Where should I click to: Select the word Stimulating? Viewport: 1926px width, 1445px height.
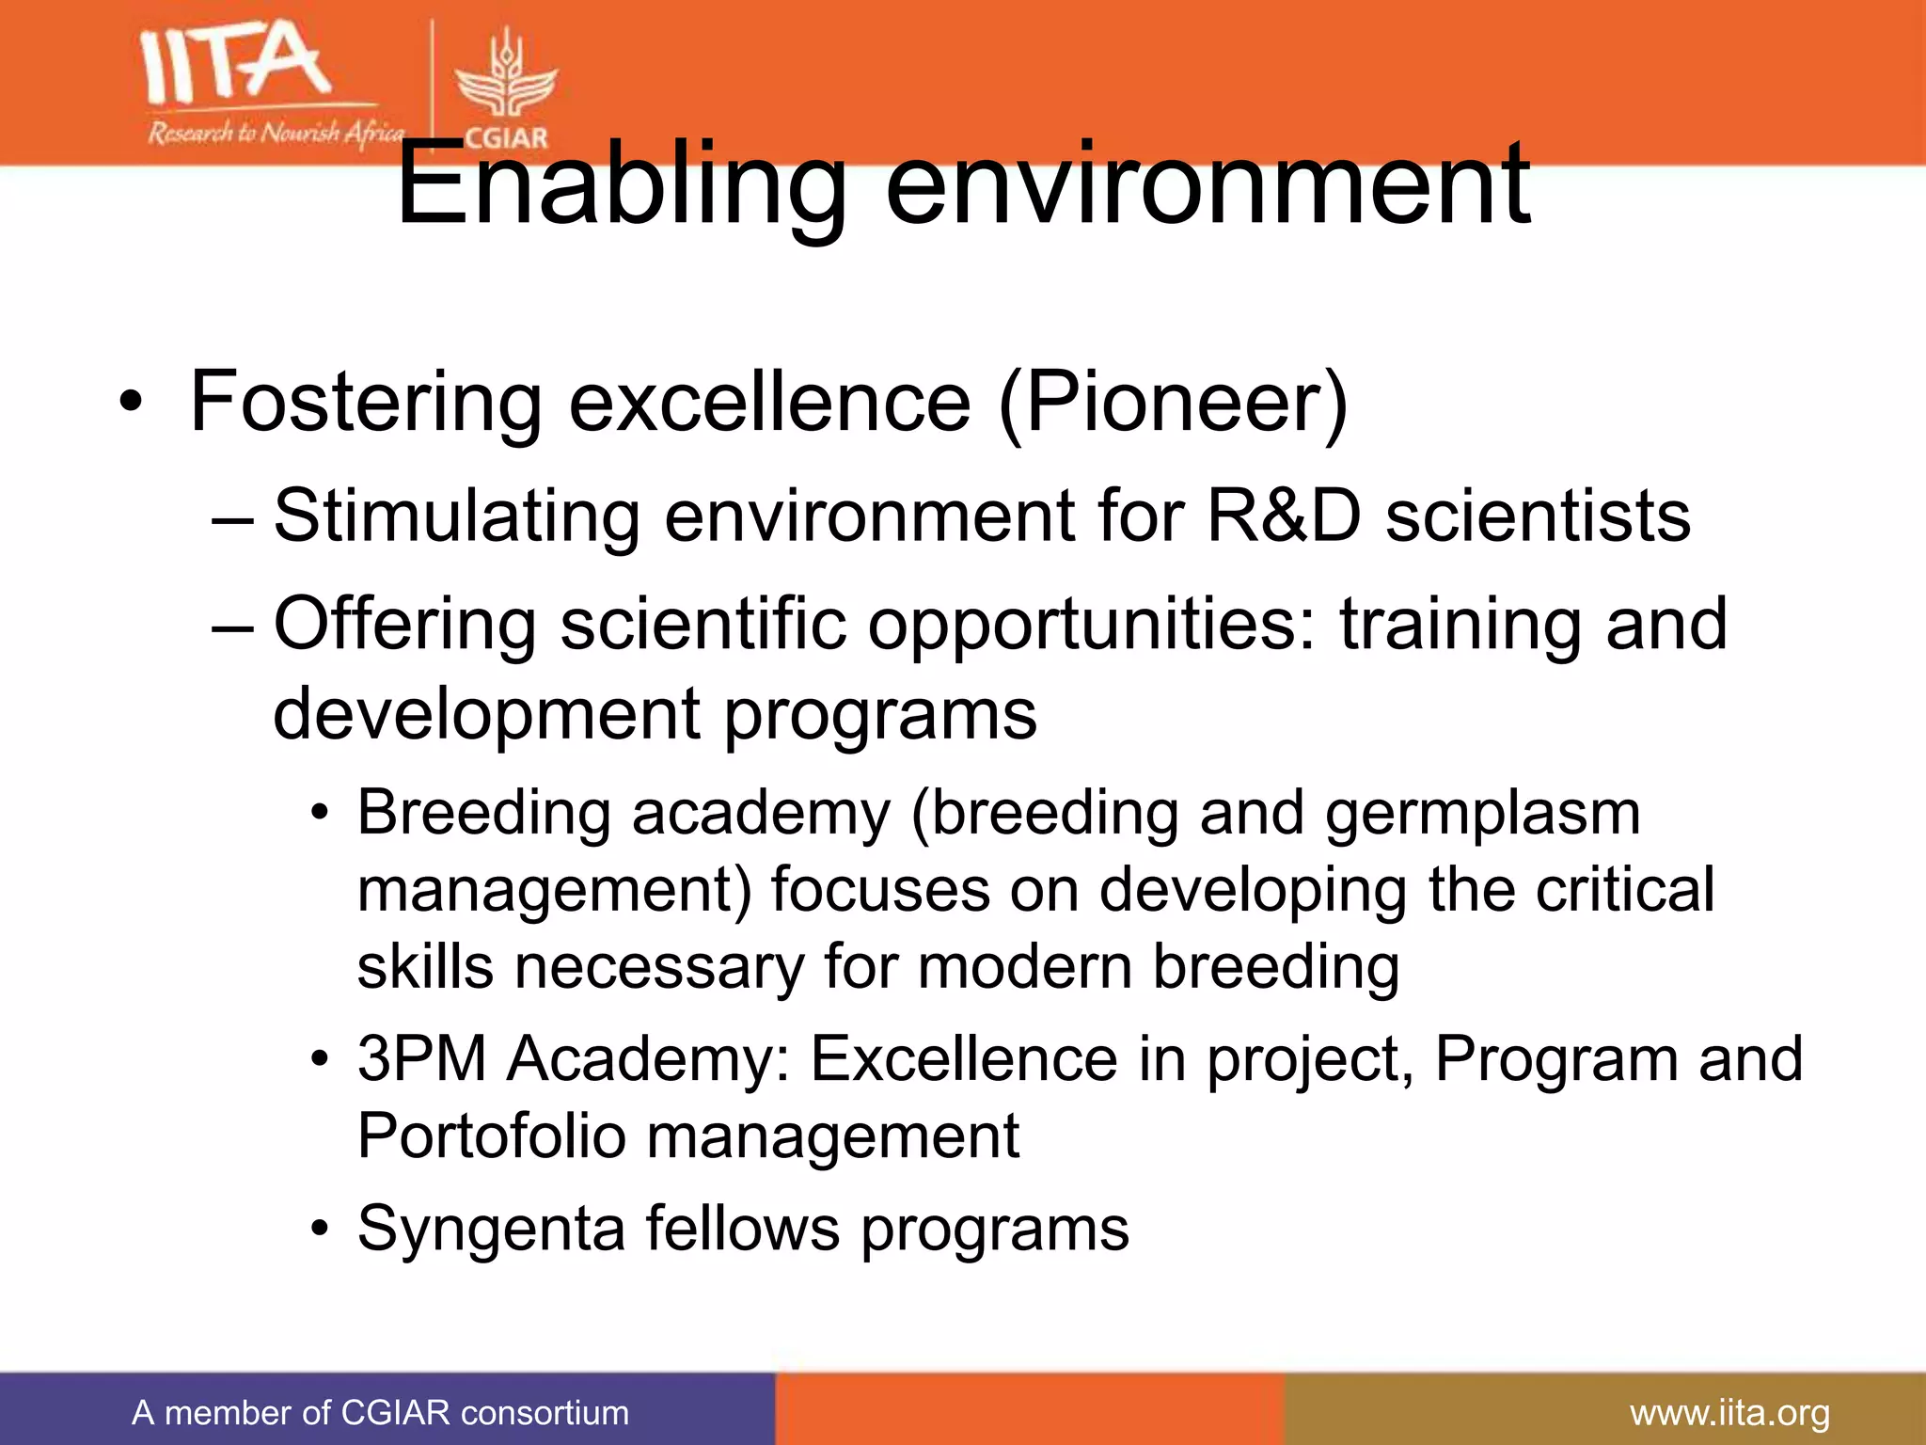[456, 517]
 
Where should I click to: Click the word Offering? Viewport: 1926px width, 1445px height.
[404, 625]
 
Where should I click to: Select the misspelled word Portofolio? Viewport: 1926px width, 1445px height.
[491, 1135]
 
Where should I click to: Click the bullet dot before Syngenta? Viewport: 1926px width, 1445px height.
[321, 1230]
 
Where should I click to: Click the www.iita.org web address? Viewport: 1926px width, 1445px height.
[1729, 1413]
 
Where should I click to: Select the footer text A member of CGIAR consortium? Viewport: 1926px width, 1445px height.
[380, 1413]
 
